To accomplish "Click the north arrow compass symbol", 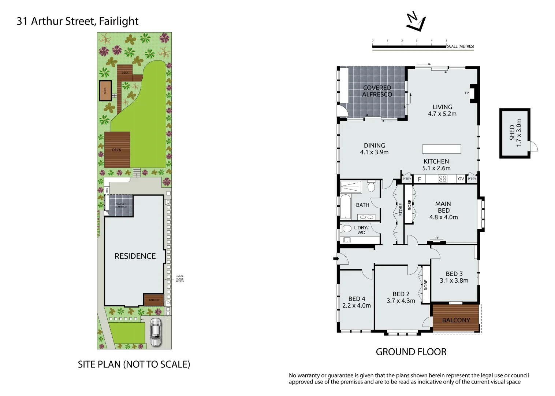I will point(416,22).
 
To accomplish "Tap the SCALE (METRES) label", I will point(460,46).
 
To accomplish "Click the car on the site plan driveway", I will point(156,332).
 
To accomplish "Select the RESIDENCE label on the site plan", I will point(135,256).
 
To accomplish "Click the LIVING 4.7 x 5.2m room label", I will point(442,110).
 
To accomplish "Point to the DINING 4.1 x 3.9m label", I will point(374,149).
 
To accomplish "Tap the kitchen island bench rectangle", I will point(442,149).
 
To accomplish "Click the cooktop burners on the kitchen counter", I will point(443,179).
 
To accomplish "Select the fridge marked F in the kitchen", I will point(420,179).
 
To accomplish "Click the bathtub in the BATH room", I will point(346,207).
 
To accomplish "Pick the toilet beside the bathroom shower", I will point(371,187).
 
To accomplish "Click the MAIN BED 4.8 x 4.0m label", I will point(443,210).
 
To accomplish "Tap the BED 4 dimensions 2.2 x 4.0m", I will point(357,305).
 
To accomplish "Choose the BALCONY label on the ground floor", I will point(456,320).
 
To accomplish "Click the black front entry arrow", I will point(335,259).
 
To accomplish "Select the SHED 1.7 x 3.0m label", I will point(515,133).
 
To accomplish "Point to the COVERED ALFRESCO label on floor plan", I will point(377,91).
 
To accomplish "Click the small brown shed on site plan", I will point(105,91).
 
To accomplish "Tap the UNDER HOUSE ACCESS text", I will point(179,279).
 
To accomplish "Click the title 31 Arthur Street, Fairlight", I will point(78,21).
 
